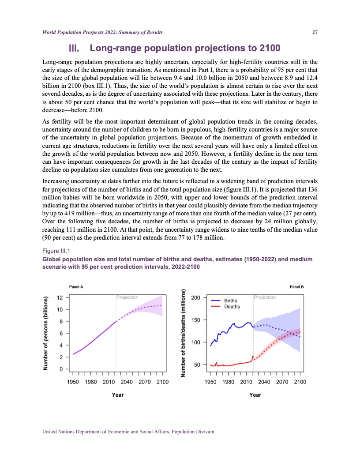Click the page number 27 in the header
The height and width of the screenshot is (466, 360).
click(315, 32)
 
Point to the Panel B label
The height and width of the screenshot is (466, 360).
click(297, 287)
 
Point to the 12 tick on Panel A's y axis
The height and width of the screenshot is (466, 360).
click(60, 297)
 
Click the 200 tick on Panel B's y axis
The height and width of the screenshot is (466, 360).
click(195, 298)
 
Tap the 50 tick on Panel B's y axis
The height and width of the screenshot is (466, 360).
click(197, 365)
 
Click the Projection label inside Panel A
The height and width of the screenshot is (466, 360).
click(127, 297)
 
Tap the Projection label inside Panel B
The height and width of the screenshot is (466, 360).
click(265, 297)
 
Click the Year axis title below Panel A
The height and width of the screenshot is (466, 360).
click(118, 395)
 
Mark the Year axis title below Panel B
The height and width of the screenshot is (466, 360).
click(255, 395)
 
